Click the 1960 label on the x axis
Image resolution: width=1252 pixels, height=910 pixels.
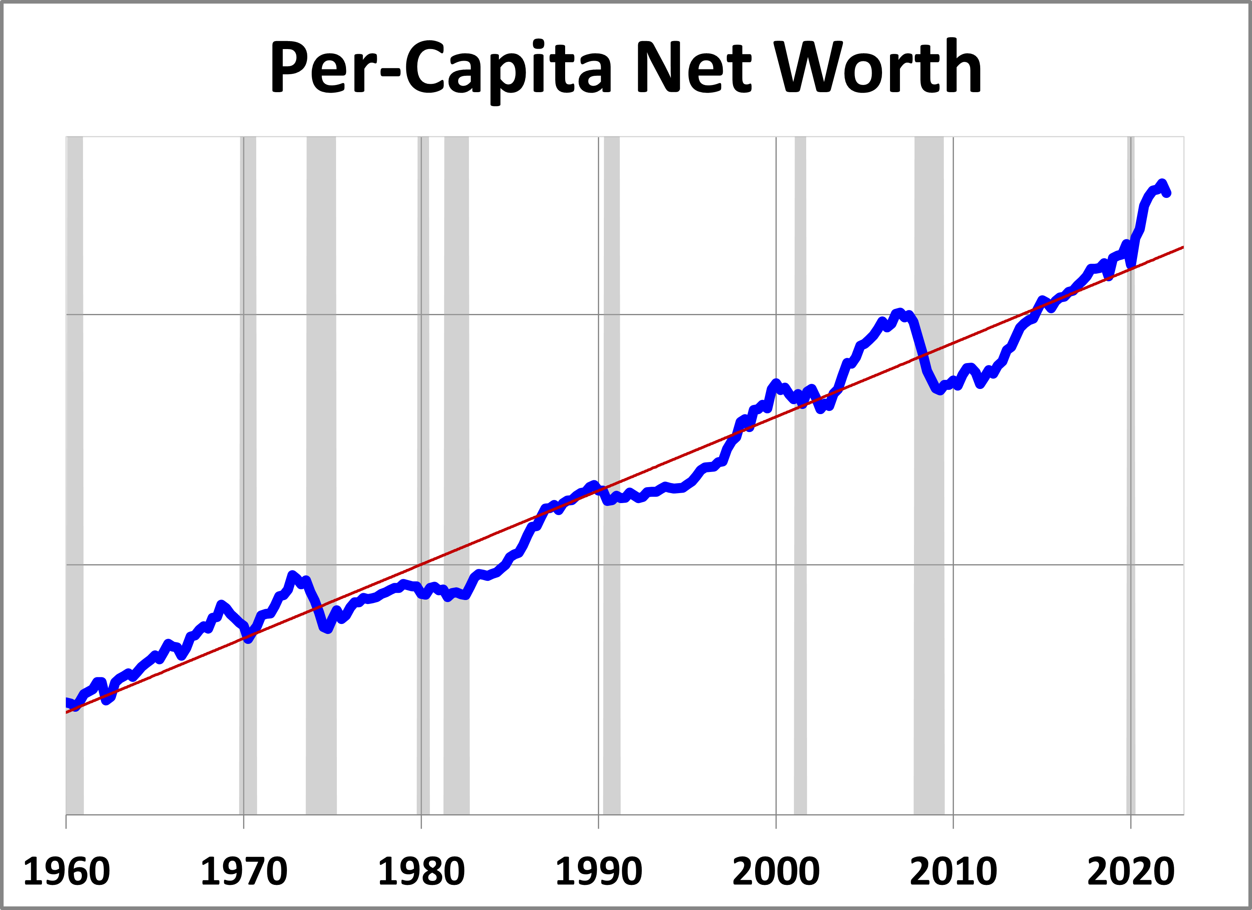click(x=66, y=872)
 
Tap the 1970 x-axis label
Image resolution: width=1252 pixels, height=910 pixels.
click(x=243, y=872)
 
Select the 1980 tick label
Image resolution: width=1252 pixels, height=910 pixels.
click(x=421, y=872)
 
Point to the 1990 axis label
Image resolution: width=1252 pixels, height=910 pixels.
click(x=598, y=872)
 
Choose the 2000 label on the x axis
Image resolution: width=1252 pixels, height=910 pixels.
click(x=775, y=872)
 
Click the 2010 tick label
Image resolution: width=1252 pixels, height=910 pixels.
click(x=953, y=872)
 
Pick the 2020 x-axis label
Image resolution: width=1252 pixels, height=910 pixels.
click(x=1131, y=872)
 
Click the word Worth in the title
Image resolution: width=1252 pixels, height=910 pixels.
click(x=878, y=67)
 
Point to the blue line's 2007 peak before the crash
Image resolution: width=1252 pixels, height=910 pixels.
click(x=900, y=312)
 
